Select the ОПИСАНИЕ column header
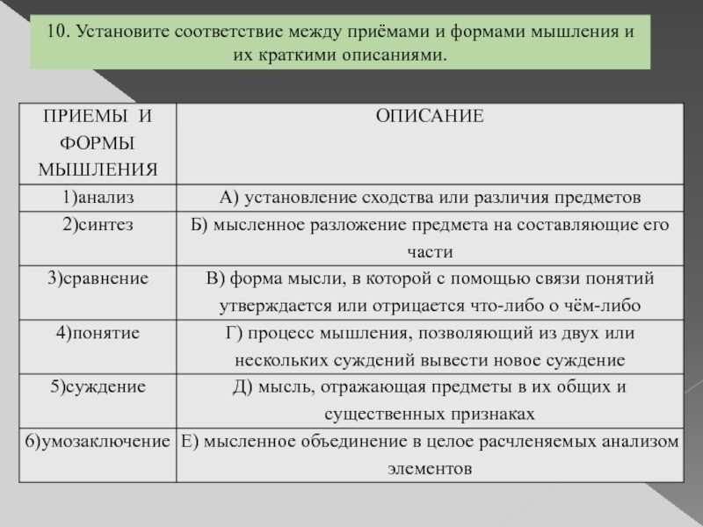coord(431,116)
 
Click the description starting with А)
coord(431,195)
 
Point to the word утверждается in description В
coord(265,306)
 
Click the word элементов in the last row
coord(430,468)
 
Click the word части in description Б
coord(431,251)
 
